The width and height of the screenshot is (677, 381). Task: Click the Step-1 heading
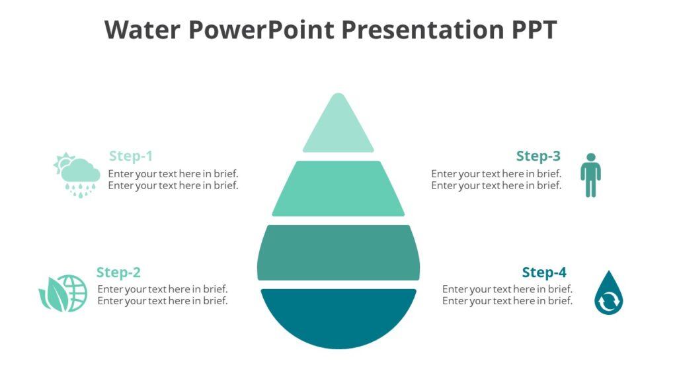tap(131, 156)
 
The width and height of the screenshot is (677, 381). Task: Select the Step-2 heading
tap(118, 273)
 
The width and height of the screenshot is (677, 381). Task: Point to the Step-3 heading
tap(538, 156)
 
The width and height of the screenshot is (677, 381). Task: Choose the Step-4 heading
tap(544, 273)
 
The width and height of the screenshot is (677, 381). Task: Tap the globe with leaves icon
tap(63, 293)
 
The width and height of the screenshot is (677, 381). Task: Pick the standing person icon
tap(590, 175)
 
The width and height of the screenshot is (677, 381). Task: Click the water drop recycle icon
tap(608, 293)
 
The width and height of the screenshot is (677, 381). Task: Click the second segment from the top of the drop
tap(338, 189)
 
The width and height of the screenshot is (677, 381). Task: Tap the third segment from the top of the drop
tap(338, 252)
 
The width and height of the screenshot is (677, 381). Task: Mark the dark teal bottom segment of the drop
tap(338, 314)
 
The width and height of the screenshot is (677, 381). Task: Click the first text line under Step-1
tap(173, 174)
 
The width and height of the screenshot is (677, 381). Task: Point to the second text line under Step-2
tap(163, 301)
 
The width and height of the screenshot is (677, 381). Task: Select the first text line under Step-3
tap(496, 174)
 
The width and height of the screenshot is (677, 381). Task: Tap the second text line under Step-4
tap(507, 301)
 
